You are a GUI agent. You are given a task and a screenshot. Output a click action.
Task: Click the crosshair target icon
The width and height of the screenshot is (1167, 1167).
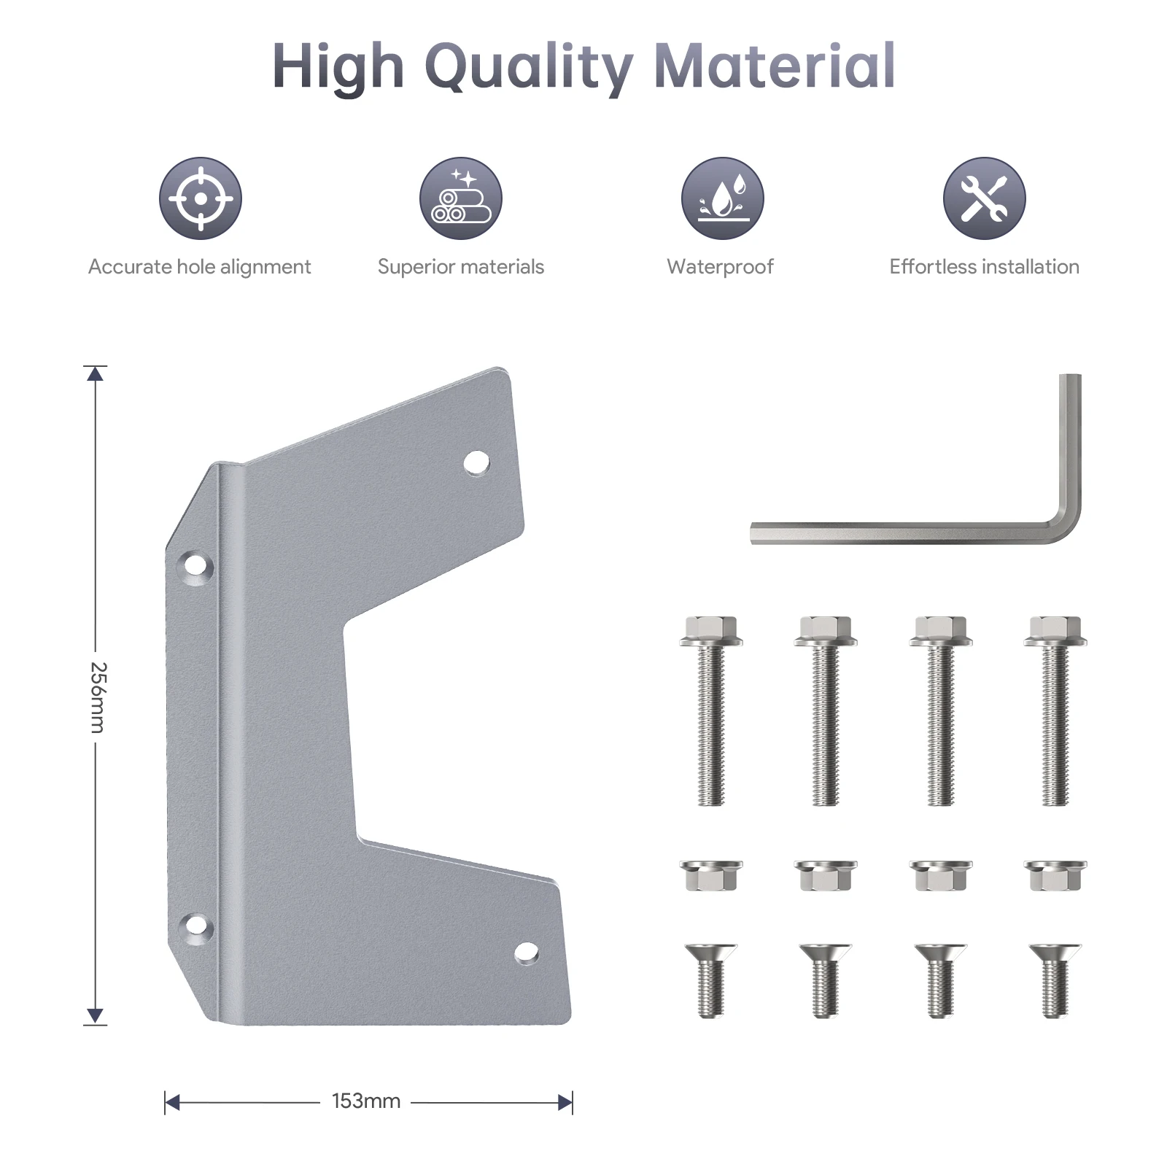pos(201,198)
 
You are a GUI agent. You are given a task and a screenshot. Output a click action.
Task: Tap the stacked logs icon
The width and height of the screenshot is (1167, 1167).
pos(461,198)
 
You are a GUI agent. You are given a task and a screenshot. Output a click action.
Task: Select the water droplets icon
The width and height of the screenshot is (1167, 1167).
pos(722,198)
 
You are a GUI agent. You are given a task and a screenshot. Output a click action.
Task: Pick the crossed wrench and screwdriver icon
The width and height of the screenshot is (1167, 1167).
pos(984,198)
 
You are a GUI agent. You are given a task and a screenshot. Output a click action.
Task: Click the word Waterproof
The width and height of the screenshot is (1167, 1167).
pos(720,267)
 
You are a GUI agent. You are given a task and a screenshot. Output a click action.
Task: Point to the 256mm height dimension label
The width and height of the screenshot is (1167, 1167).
pos(98,697)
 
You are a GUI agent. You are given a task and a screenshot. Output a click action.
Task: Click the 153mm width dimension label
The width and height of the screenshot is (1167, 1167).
pos(366,1101)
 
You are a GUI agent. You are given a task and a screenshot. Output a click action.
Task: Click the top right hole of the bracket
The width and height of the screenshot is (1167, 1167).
pos(477,462)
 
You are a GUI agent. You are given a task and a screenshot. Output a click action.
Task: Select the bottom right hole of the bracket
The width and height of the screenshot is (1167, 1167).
pos(526,953)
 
